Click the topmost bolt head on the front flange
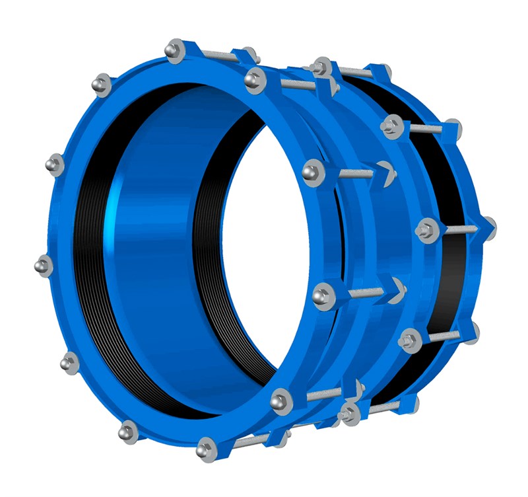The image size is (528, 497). [176, 49]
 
